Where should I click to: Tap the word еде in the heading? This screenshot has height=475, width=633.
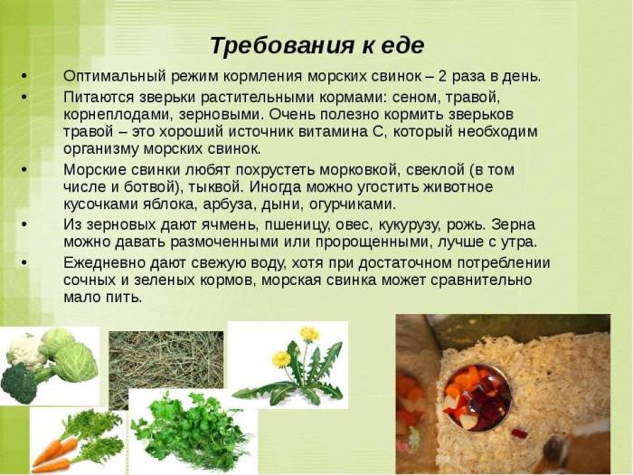(x=402, y=45)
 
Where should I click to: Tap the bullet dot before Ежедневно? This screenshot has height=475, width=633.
(x=24, y=263)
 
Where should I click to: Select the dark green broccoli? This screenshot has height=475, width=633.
(x=20, y=382)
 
